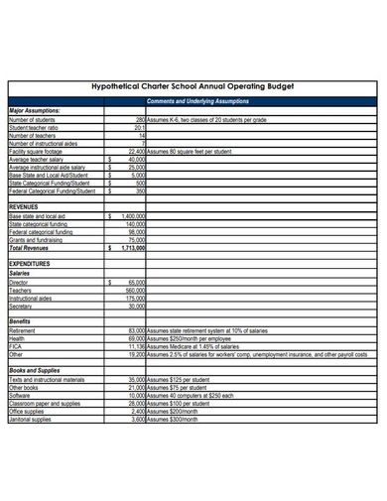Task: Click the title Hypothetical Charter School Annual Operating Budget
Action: click(193, 87)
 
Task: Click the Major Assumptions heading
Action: click(34, 111)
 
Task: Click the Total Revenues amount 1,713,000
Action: click(131, 247)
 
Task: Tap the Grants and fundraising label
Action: click(37, 239)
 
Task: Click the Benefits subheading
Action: click(20, 321)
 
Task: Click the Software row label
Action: click(20, 396)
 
